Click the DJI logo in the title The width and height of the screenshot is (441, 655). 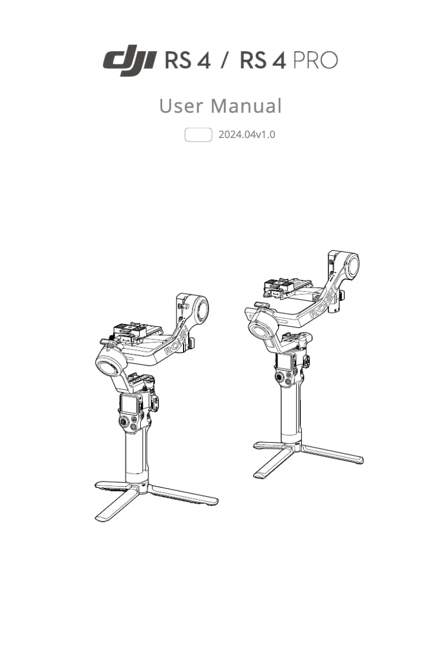[131, 61]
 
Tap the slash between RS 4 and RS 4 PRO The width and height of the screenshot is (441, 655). [225, 60]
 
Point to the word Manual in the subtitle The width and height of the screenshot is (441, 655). [246, 106]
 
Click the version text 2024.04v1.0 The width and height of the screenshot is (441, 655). [246, 134]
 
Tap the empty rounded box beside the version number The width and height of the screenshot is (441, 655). [198, 134]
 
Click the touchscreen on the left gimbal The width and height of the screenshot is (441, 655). [129, 404]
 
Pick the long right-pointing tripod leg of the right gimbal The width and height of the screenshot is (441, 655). [333, 454]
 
